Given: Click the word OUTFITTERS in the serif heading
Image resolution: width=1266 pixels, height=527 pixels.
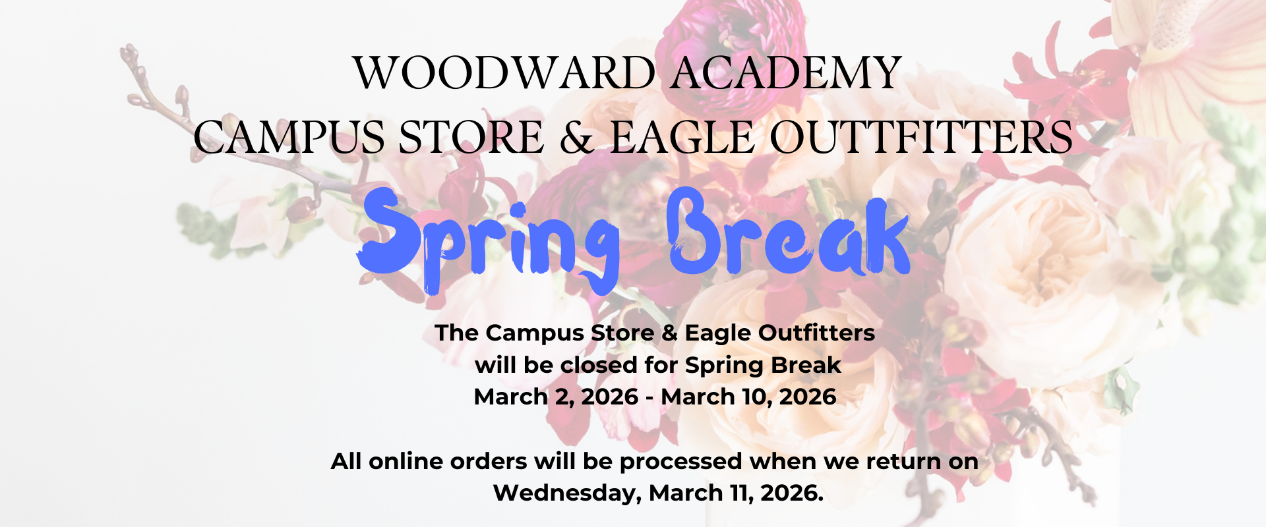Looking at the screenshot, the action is coord(921,138).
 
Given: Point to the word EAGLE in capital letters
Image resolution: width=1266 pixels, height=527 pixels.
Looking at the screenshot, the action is coord(682,138).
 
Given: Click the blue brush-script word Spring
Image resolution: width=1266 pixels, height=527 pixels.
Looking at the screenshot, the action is coord(489,240).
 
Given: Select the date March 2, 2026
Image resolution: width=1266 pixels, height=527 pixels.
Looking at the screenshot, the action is coord(556,397).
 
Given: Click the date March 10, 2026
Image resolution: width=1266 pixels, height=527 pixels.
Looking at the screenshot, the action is coord(748,397).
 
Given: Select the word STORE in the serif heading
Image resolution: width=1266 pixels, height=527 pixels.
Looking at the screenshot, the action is coord(471,138).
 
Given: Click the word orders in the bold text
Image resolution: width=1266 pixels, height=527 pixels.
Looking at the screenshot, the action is coord(489,461).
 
